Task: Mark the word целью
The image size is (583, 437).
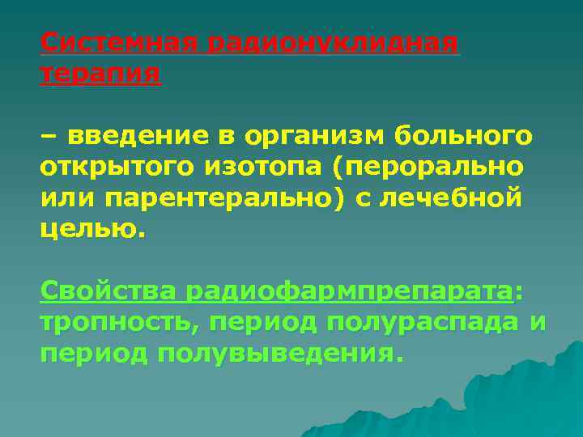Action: tap(91, 229)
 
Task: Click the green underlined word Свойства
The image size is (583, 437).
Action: tap(108, 291)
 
